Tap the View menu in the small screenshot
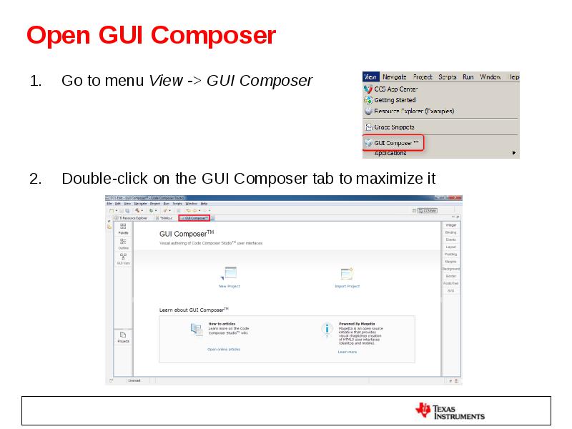pyautogui.click(x=370, y=77)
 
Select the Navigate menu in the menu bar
pyautogui.click(x=394, y=77)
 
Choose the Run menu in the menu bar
pyautogui.click(x=468, y=77)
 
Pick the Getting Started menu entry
pyautogui.click(x=395, y=100)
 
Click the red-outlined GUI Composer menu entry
pyautogui.click(x=393, y=142)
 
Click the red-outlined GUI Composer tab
pyautogui.click(x=194, y=218)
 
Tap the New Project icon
pyautogui.click(x=230, y=274)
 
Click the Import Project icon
pyautogui.click(x=347, y=274)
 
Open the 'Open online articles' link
pyautogui.click(x=224, y=350)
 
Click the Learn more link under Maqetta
pyautogui.click(x=347, y=352)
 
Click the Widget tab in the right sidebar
pyautogui.click(x=450, y=225)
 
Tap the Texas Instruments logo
pyautogui.click(x=450, y=410)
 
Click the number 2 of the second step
pyautogui.click(x=34, y=179)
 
